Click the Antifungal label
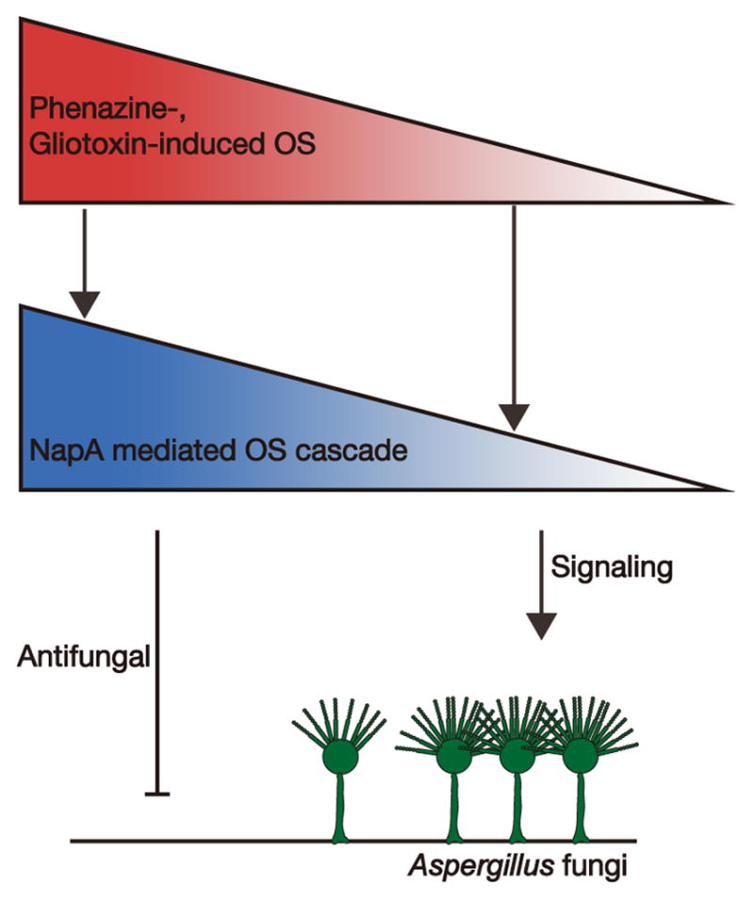click(x=84, y=655)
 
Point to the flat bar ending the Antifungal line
click(x=157, y=795)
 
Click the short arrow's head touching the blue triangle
click(x=86, y=304)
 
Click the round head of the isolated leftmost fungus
click(x=341, y=755)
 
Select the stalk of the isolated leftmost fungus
click(x=341, y=805)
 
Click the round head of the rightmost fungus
click(x=580, y=755)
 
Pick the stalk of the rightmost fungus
click(x=580, y=805)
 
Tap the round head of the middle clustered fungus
click(x=516, y=755)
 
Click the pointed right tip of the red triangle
click(x=728, y=201)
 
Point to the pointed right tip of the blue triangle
click(x=728, y=490)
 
